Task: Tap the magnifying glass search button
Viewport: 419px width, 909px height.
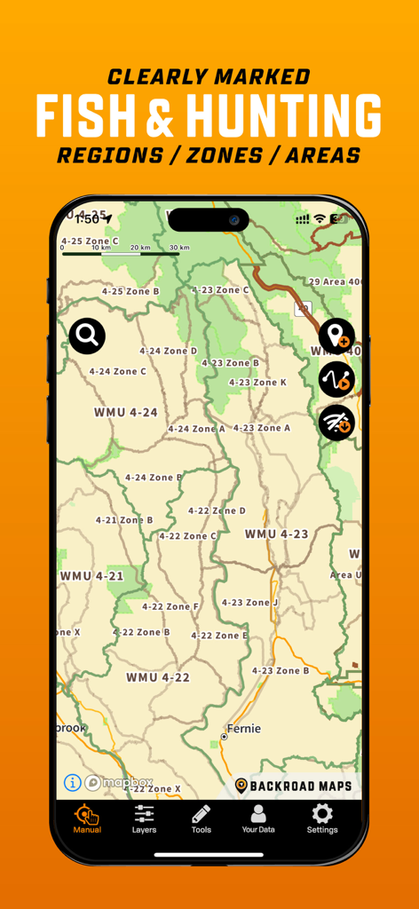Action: (87, 336)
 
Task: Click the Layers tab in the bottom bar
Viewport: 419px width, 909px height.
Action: (144, 818)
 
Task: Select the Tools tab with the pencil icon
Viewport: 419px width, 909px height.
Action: (202, 818)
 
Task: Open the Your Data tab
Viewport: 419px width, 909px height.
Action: (258, 818)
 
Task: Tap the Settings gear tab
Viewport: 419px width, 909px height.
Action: (322, 818)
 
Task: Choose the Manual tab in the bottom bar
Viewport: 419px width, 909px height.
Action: (87, 818)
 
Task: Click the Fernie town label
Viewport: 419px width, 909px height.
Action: (243, 729)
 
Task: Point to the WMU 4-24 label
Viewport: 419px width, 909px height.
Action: (125, 413)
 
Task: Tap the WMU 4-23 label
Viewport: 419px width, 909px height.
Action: (276, 534)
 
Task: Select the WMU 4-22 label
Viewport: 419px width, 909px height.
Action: (158, 677)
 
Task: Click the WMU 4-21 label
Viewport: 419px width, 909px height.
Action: (91, 576)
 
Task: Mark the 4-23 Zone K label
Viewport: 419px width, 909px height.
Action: (257, 383)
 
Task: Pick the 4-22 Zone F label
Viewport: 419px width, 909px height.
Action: (170, 606)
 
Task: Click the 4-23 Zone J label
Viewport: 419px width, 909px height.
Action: (249, 603)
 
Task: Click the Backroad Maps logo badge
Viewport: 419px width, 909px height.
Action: (293, 786)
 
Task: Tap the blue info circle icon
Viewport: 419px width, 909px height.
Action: (72, 783)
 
